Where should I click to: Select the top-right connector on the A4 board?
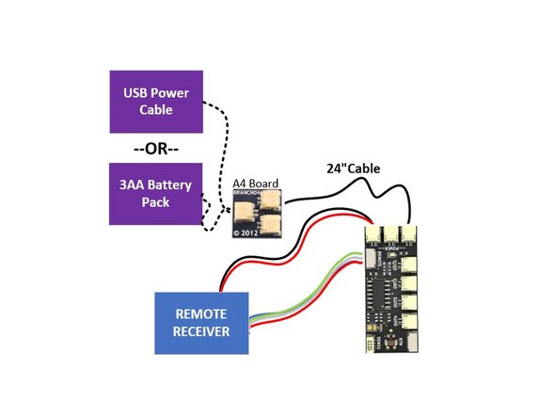tap(270, 199)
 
